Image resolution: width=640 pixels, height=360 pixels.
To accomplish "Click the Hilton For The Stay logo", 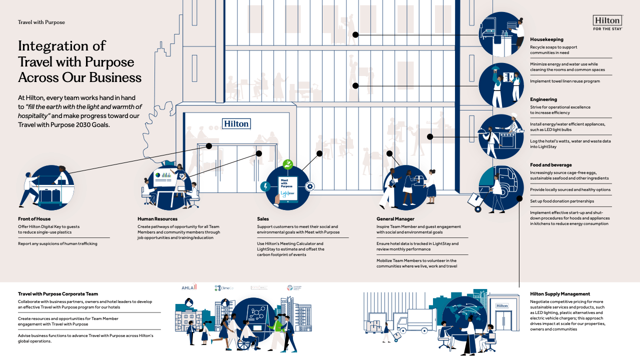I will pos(607,22).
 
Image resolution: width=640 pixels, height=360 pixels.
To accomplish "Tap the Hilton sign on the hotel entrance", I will pos(236,123).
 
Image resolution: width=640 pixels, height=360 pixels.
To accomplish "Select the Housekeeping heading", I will pos(546,39).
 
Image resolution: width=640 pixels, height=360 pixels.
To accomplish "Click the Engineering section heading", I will pos(543,99).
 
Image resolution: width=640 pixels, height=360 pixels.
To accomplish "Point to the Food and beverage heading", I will pos(550,165).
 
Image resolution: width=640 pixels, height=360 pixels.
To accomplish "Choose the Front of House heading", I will pos(34,219).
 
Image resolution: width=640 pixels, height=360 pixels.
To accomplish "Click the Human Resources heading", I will pos(157,219).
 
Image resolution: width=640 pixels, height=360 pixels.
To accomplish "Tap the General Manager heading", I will pos(395,219).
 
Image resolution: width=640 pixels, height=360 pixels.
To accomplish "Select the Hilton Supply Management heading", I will pos(560,294).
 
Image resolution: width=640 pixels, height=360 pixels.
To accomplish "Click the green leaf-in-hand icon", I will pos(287,164).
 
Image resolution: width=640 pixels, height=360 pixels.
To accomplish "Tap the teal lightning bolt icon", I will pos(266,186).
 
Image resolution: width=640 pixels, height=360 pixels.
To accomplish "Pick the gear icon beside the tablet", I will pos(310,186).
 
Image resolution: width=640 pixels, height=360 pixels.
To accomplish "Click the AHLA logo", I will pos(189,287).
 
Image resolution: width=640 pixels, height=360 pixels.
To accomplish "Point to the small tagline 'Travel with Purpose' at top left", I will pos(41,22).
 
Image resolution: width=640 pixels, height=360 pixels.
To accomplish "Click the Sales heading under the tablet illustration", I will pos(263,219).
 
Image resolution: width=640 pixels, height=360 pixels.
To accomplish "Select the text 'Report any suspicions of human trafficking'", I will pos(57,243).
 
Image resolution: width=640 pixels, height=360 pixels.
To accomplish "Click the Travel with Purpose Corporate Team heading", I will pos(58,294).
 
